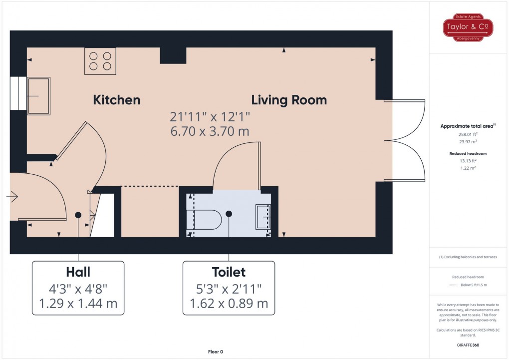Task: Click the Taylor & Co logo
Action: click(469, 27)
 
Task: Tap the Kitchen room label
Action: click(117, 100)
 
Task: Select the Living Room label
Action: click(289, 100)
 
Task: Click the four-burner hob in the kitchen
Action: click(100, 61)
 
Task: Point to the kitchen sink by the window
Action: click(38, 95)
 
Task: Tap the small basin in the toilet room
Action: click(263, 216)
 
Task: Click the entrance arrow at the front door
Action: click(12, 197)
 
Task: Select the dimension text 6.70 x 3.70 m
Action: click(210, 131)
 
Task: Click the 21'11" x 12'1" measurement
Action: click(210, 117)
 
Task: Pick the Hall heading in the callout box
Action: click(78, 272)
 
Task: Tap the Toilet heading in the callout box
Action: click(229, 272)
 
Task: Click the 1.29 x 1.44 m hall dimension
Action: click(78, 303)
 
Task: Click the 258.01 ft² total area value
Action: click(469, 134)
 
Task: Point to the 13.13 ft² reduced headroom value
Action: click(469, 161)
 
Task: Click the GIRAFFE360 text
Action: click(469, 345)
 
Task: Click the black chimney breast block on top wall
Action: click(173, 55)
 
